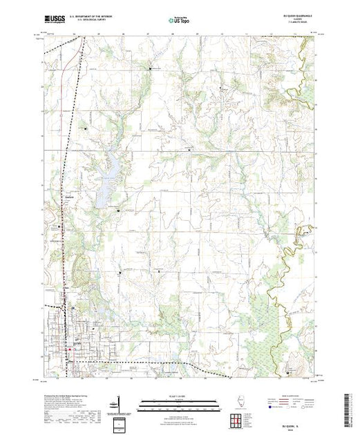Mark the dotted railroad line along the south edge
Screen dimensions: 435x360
point(138,361)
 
